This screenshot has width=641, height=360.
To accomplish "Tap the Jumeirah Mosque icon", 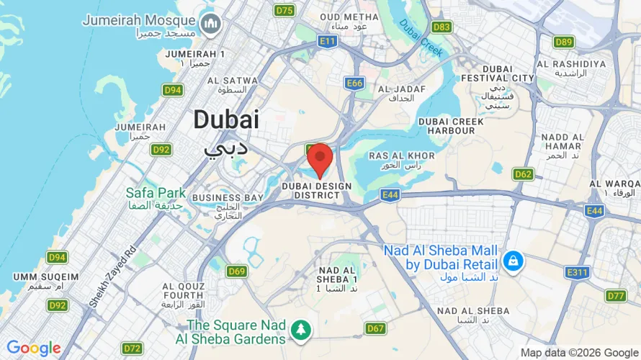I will point(211,24).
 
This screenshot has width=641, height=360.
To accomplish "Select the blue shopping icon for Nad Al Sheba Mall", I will point(513,260).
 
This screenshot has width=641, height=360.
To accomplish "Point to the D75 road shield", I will point(285,10).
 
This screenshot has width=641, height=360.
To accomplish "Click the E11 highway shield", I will point(328,41).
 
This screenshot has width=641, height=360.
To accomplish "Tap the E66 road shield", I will point(354,84).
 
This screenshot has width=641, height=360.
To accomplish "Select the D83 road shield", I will point(441,27).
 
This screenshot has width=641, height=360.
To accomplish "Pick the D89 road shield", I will point(564,42).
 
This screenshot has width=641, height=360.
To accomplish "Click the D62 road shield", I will point(523,174).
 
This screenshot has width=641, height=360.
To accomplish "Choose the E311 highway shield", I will point(577,272).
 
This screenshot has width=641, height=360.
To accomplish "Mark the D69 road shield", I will point(237,271).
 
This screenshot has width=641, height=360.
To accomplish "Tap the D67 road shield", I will point(375,328).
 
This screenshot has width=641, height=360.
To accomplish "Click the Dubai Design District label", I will point(317,191).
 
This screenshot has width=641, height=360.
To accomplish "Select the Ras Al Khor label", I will point(402,160).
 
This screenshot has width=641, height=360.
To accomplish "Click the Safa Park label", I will point(156,199).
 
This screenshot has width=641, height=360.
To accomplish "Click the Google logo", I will point(33,348).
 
